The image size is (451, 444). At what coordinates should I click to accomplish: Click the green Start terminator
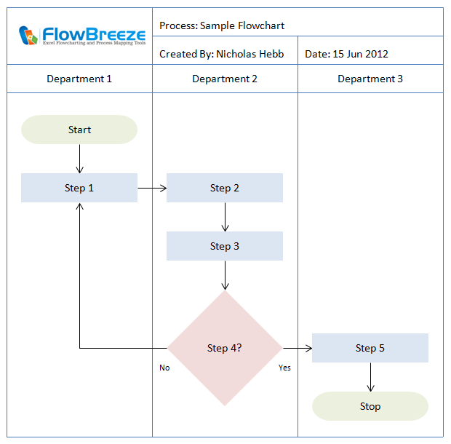click(79, 130)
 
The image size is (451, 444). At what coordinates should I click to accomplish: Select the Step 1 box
click(79, 188)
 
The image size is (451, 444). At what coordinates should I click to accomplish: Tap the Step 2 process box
click(225, 188)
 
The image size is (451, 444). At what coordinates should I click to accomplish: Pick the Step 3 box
click(225, 246)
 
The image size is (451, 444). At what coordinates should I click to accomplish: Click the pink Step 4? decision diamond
click(225, 348)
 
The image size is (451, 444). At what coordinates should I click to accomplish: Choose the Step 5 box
click(370, 348)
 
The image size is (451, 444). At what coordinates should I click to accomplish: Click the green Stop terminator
click(370, 406)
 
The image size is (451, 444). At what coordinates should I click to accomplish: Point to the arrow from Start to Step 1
click(79, 159)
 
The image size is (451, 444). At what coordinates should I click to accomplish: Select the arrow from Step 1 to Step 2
click(152, 188)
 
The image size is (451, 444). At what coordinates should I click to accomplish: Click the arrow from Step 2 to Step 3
click(225, 217)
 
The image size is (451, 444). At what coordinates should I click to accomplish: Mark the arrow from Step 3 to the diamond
click(225, 275)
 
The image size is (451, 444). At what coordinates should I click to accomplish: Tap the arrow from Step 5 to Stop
click(370, 377)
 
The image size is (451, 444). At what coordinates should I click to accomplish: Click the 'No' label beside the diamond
click(164, 368)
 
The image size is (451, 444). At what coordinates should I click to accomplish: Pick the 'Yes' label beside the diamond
click(284, 368)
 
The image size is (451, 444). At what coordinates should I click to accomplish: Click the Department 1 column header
click(79, 79)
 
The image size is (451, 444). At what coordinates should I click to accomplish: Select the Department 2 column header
click(225, 79)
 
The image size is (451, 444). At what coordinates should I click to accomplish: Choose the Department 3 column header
click(370, 79)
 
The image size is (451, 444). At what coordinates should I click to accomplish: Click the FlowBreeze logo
click(79, 36)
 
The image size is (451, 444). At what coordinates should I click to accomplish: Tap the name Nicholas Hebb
click(250, 54)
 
